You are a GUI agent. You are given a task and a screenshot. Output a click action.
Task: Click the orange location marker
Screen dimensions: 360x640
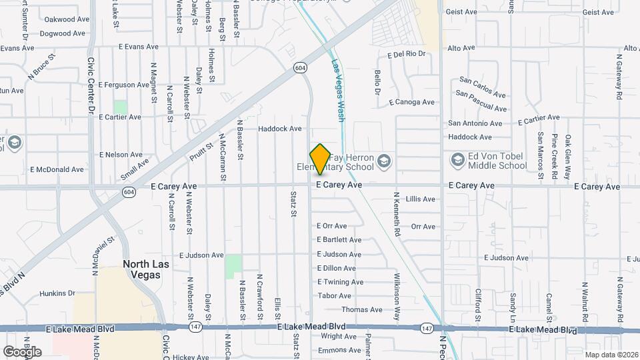[320, 159]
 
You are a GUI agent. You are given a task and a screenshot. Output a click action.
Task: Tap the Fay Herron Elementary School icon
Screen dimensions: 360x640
[383, 161]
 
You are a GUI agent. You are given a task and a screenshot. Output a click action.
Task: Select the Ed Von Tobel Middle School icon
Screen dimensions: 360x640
[458, 160]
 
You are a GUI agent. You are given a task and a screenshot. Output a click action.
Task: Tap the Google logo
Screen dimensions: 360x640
[21, 351]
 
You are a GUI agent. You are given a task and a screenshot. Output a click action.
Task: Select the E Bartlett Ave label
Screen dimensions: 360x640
[339, 240]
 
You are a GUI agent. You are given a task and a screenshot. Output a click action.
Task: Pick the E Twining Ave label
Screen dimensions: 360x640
[340, 282]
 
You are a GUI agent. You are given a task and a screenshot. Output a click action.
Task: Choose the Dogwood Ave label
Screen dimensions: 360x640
[64, 33]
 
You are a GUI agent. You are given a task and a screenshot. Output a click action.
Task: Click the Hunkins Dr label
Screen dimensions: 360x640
[57, 293]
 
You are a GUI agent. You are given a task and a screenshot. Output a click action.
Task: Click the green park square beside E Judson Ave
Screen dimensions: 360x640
[233, 266]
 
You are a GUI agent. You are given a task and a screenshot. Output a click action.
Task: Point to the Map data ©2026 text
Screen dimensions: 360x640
[611, 355]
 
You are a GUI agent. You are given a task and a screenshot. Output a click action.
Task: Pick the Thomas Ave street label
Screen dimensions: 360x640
[362, 310]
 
